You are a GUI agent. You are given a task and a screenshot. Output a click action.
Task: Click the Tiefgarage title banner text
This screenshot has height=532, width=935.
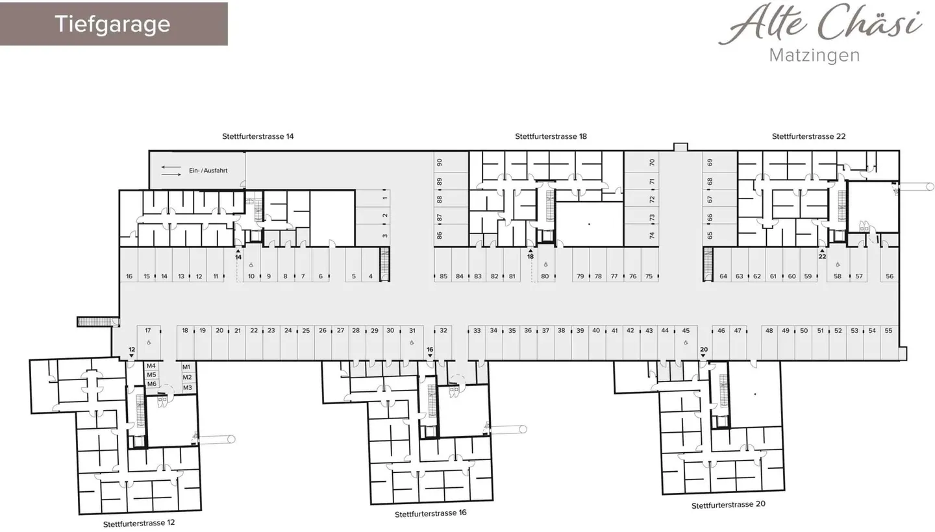click(112, 24)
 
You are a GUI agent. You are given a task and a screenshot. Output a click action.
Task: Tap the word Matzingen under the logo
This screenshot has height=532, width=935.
click(814, 55)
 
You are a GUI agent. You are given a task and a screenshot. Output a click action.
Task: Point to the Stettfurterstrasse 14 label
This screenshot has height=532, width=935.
click(258, 136)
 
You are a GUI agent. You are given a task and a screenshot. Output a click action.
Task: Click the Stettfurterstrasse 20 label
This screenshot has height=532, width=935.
click(728, 505)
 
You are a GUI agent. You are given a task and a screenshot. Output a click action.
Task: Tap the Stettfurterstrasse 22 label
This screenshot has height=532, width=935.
click(808, 136)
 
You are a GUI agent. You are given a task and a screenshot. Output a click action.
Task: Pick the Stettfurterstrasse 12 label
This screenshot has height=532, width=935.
click(139, 523)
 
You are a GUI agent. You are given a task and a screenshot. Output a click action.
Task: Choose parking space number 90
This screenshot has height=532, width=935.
click(440, 163)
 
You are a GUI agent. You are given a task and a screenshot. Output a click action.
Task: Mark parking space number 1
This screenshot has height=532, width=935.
click(385, 198)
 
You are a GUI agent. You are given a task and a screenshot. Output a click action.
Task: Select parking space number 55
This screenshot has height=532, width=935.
click(888, 331)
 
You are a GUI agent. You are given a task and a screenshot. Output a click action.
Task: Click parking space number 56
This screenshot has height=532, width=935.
click(889, 276)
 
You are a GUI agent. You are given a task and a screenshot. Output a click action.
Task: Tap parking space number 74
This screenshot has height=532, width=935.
click(653, 236)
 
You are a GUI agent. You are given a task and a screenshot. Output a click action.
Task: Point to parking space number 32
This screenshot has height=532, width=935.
click(443, 331)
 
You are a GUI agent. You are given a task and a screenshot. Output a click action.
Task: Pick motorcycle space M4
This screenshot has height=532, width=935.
click(151, 366)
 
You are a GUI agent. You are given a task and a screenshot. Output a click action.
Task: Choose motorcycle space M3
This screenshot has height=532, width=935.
click(187, 388)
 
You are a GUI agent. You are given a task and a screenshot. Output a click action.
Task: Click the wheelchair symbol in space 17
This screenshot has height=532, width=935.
click(148, 342)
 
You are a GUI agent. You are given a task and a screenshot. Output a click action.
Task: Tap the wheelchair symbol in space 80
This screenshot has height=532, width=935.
click(545, 265)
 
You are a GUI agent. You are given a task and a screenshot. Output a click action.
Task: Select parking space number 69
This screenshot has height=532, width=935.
click(710, 163)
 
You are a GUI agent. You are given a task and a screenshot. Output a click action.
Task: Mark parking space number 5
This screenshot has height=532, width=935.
click(353, 276)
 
